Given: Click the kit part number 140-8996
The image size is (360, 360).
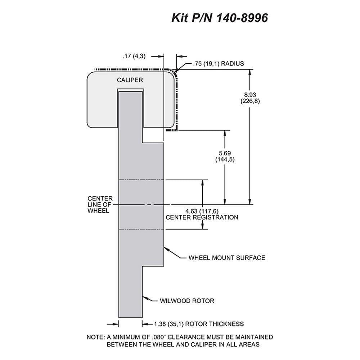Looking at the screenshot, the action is [242, 18].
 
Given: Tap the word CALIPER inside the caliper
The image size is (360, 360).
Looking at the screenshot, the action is [130, 80].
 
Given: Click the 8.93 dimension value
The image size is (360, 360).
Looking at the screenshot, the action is [250, 95].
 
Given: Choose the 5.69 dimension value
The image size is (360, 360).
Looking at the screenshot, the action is [225, 153].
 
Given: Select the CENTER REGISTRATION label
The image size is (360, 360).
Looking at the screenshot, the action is [202, 217].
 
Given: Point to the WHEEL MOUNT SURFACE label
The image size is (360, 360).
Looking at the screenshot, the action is [227, 258].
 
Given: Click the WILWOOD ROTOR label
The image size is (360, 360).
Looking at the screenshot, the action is [187, 301].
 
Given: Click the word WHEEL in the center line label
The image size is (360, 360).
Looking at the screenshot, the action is [98, 211].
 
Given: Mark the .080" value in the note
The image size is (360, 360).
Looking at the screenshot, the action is [159, 337].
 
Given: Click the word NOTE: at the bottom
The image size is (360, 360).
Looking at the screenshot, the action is [95, 337].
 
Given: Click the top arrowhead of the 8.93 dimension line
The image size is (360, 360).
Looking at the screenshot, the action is [250, 72].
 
